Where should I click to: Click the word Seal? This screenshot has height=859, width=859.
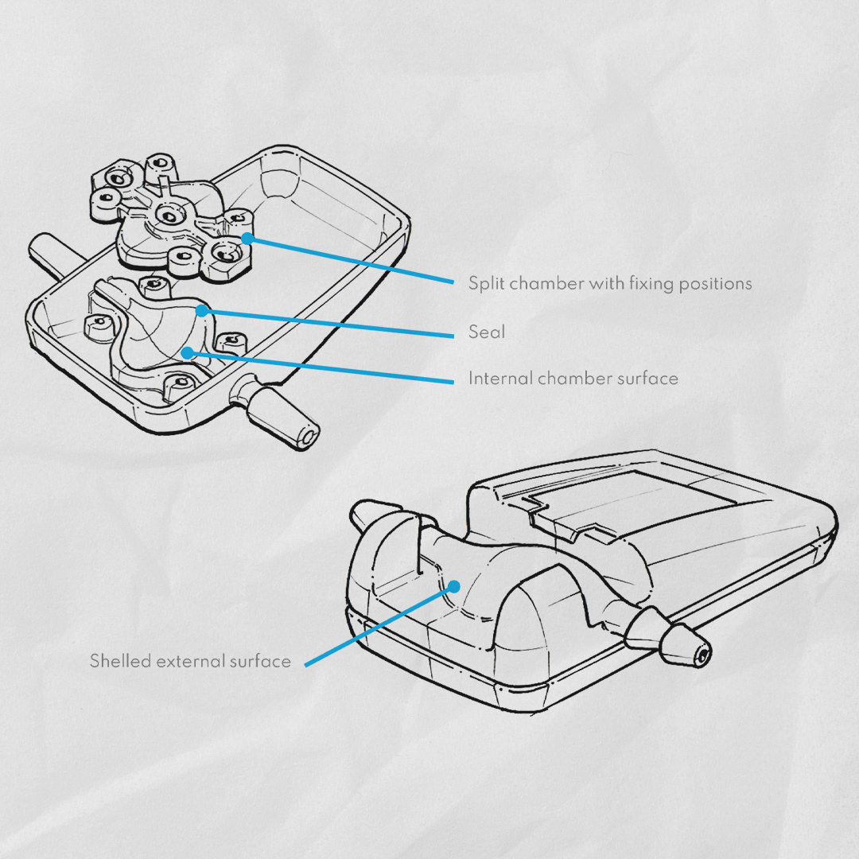point(487,332)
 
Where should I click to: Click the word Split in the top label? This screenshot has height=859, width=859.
point(486,284)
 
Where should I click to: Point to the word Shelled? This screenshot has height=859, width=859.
point(120,661)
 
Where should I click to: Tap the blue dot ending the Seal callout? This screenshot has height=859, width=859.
point(202,311)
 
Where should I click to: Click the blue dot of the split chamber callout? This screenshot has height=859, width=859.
point(247,239)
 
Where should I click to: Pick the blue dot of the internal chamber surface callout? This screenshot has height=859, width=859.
point(188,353)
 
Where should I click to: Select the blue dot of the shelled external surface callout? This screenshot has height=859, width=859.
point(453,587)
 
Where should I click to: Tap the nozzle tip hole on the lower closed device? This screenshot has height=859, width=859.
point(703,654)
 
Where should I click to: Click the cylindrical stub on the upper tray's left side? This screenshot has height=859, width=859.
point(52,254)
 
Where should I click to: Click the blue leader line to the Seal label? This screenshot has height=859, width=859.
point(328,323)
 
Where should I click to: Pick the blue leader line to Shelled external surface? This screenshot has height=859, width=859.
point(379,626)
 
